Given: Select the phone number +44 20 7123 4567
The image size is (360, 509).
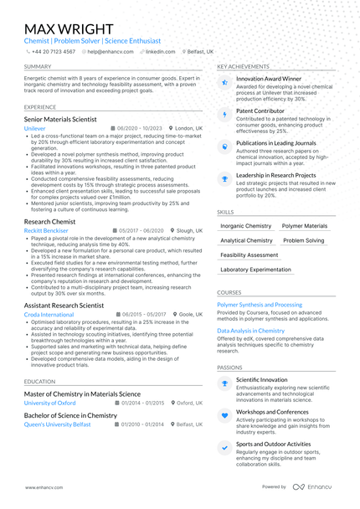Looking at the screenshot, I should [x=54, y=51].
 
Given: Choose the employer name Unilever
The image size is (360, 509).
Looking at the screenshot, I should [x=35, y=130].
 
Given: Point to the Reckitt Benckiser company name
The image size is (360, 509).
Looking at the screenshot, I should [x=46, y=230].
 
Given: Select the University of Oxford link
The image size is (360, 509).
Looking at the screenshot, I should [x=51, y=403].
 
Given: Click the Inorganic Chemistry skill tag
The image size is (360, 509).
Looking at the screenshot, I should [x=245, y=226].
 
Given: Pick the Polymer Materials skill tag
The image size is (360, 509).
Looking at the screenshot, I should [x=305, y=226].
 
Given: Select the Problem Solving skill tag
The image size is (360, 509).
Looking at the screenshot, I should [x=304, y=240].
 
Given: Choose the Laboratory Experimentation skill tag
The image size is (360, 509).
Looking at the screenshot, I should [x=256, y=270].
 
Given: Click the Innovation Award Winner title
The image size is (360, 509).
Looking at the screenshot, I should [x=269, y=79].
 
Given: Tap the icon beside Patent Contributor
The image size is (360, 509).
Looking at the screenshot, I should [x=224, y=114].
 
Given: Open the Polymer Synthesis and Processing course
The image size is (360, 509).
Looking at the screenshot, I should [x=260, y=306].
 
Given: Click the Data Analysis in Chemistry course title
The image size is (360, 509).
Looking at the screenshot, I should [x=251, y=331].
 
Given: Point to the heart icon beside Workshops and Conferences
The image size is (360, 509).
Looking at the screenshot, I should [x=224, y=415].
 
